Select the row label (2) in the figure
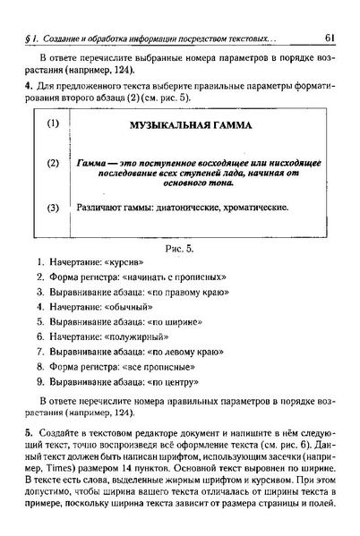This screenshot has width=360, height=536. coord(53,164)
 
